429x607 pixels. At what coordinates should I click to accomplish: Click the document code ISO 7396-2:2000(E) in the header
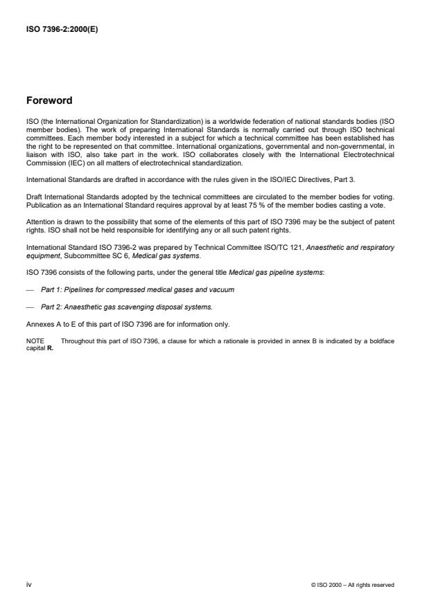coord(61,29)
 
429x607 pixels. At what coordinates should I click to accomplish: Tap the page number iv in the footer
coord(28,585)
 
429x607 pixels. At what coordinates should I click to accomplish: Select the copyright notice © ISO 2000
coord(353,585)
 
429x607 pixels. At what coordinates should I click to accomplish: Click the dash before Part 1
coord(30,289)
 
